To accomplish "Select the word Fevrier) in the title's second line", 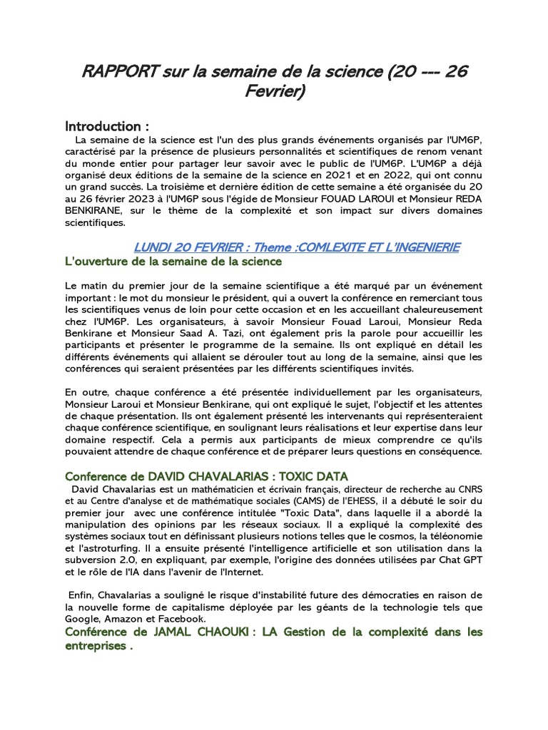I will tap(274, 93).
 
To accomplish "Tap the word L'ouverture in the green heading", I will tap(96, 262).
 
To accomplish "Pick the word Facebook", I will tap(184, 618).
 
